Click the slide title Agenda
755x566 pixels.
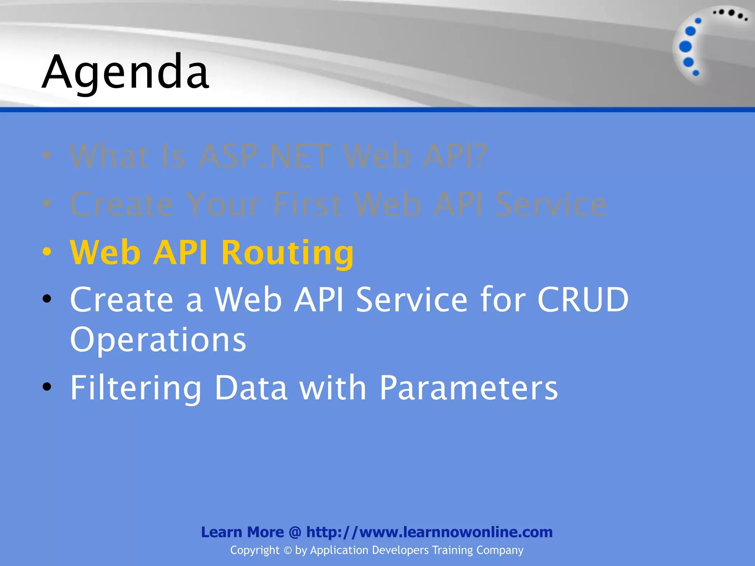pos(125,72)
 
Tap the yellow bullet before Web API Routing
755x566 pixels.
pos(47,252)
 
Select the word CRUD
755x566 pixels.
pos(583,300)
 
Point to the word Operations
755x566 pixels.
pos(158,340)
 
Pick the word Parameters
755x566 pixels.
pos(469,388)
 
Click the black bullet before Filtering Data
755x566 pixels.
pos(47,387)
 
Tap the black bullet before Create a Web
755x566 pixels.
pos(47,299)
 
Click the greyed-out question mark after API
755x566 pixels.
pos(480,157)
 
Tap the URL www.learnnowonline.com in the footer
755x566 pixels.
pos(456,532)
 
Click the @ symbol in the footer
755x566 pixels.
pos(295,532)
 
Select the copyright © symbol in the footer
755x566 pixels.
pos(288,551)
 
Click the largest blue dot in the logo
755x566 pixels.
pos(685,46)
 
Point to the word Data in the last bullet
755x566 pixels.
pos(251,388)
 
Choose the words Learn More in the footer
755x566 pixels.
pos(242,532)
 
